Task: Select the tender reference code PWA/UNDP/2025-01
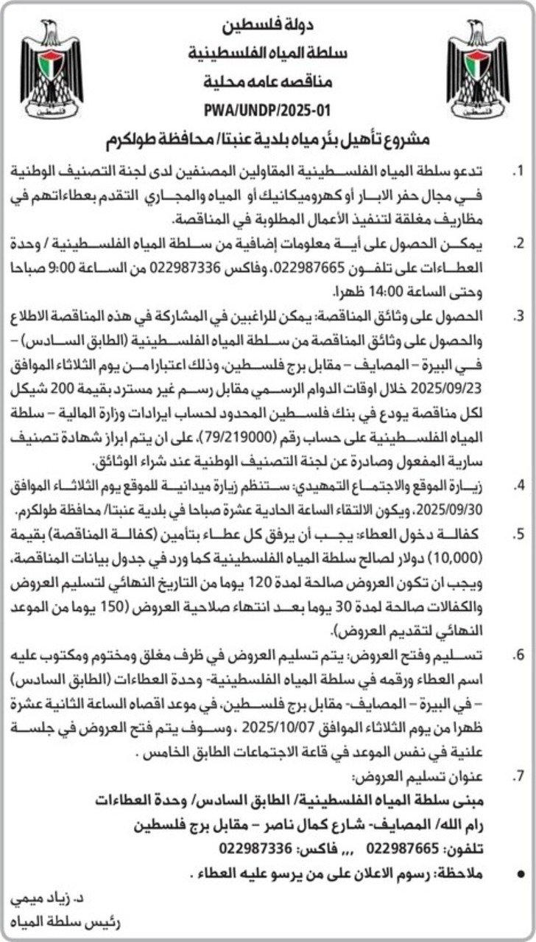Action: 268,112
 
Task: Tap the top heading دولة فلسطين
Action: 268,29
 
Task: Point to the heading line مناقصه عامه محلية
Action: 268,83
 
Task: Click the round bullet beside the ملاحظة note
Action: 521,874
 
